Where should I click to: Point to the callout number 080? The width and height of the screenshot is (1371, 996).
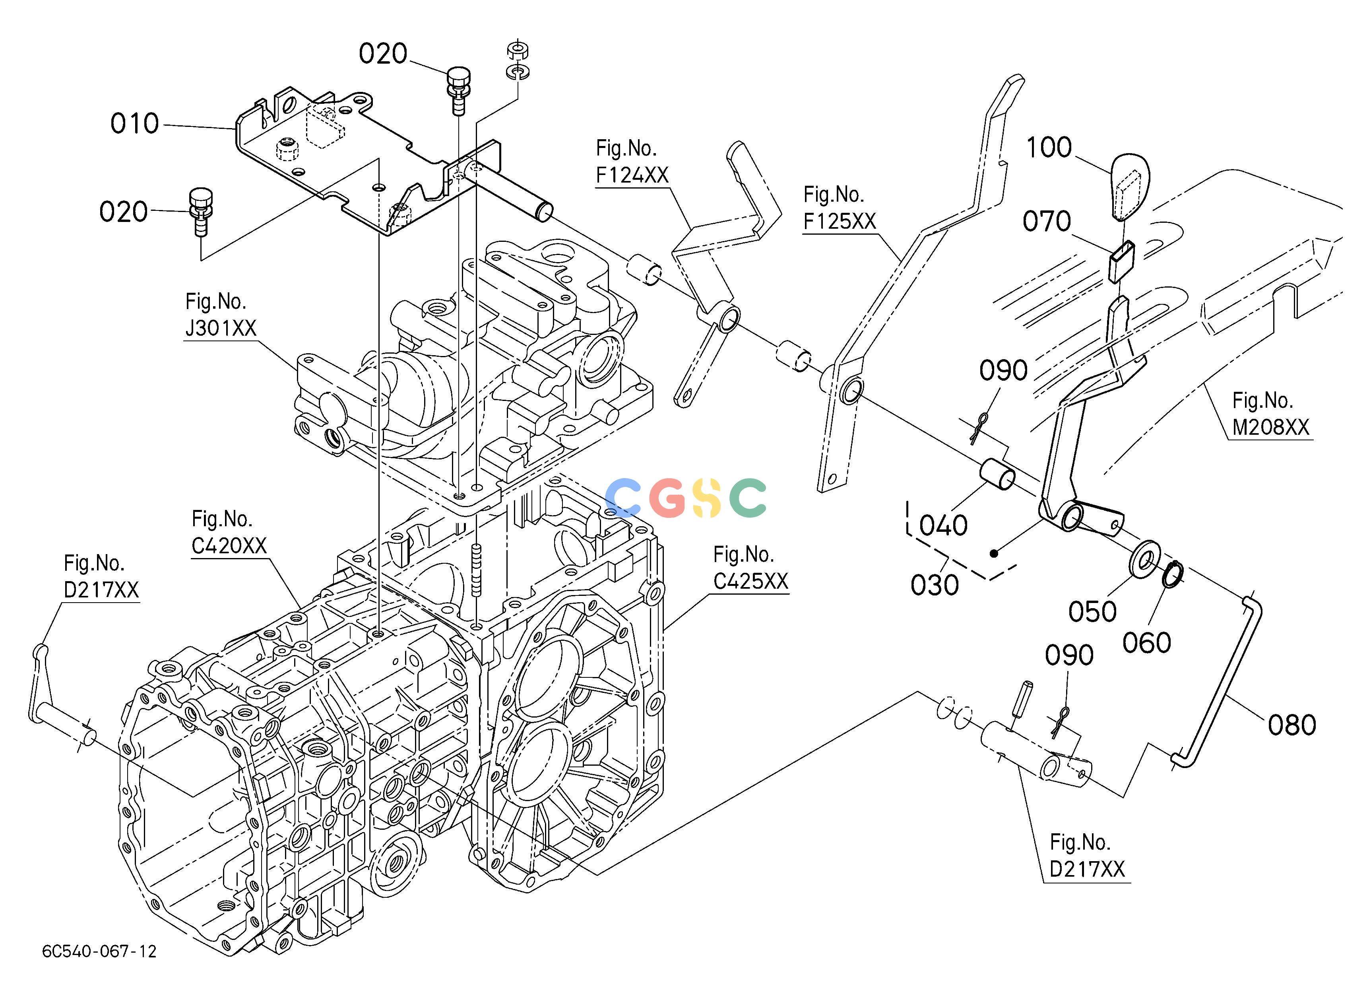coord(1292,725)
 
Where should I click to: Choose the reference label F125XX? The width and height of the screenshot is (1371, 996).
coord(840,221)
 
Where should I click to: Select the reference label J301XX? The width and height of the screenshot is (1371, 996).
coord(221,329)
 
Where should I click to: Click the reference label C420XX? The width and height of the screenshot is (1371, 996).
coord(229,545)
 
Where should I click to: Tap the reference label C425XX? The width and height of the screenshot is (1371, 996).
coord(751,581)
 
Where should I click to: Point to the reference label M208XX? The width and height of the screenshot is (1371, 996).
coord(1271,427)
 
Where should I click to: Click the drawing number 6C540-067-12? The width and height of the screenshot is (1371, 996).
coord(99,951)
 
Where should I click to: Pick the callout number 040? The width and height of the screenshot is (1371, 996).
coord(944,525)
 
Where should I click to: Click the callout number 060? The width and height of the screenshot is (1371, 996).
coord(1147,643)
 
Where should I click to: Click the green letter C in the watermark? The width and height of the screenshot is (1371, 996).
coord(748,497)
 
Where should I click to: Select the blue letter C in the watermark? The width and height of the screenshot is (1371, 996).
coord(622,497)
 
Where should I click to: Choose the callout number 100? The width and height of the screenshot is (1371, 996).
coord(1049,148)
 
